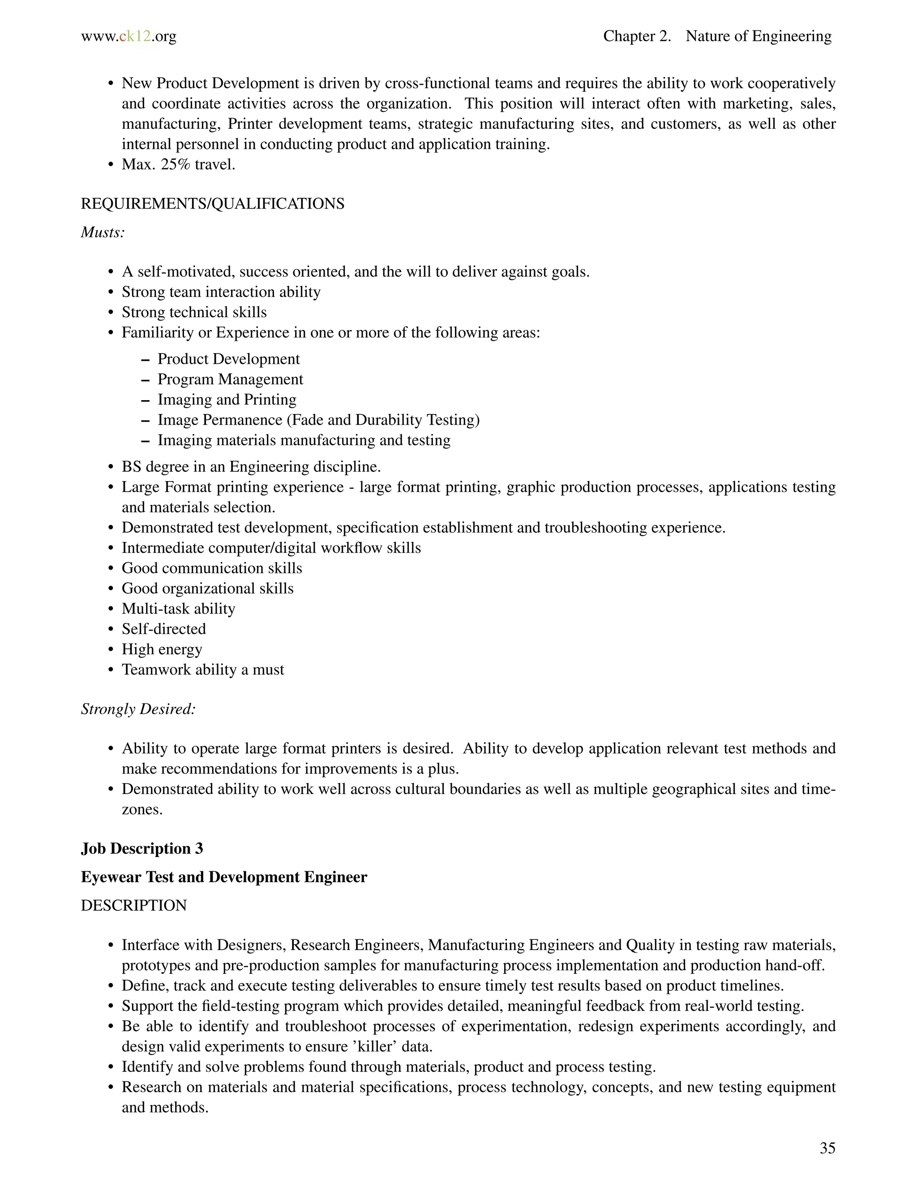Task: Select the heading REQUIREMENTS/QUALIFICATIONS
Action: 212,204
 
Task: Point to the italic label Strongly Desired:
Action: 138,709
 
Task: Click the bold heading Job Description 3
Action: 142,849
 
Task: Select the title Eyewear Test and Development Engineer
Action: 224,877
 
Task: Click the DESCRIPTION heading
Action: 133,905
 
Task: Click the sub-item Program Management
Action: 230,379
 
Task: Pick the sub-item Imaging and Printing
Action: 227,400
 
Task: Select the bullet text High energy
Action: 162,649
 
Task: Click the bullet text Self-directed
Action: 163,629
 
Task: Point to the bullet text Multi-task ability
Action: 178,609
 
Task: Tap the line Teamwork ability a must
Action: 203,670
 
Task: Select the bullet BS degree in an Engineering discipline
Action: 251,467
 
